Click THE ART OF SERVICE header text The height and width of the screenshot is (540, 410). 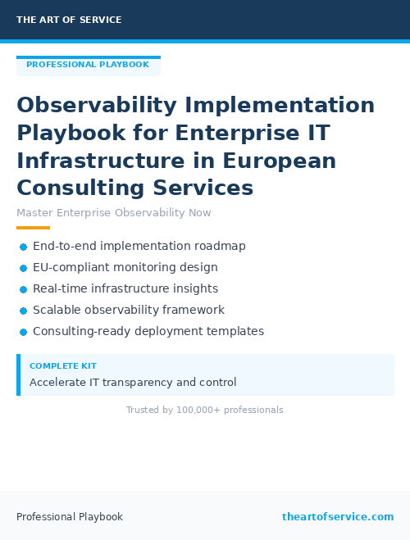click(x=69, y=20)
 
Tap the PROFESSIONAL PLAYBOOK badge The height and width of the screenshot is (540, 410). click(x=88, y=65)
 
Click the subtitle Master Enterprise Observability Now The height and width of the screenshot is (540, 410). click(x=114, y=213)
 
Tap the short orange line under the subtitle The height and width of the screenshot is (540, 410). click(x=33, y=228)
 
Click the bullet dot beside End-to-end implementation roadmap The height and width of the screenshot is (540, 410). click(x=23, y=247)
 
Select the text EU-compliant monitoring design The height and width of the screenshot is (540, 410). click(x=125, y=267)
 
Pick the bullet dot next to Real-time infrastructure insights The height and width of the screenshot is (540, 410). click(x=23, y=289)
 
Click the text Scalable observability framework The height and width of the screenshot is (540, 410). click(x=129, y=310)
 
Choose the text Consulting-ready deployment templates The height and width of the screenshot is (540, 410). click(x=148, y=331)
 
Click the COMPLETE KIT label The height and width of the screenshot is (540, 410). click(x=62, y=366)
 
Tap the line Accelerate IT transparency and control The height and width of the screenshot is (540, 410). click(x=133, y=382)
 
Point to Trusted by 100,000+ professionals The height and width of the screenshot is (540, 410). click(x=205, y=410)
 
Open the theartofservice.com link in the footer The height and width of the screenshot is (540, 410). click(x=338, y=517)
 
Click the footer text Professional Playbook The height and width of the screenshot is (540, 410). click(x=70, y=517)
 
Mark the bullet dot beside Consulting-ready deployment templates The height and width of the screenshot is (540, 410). click(x=23, y=332)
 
